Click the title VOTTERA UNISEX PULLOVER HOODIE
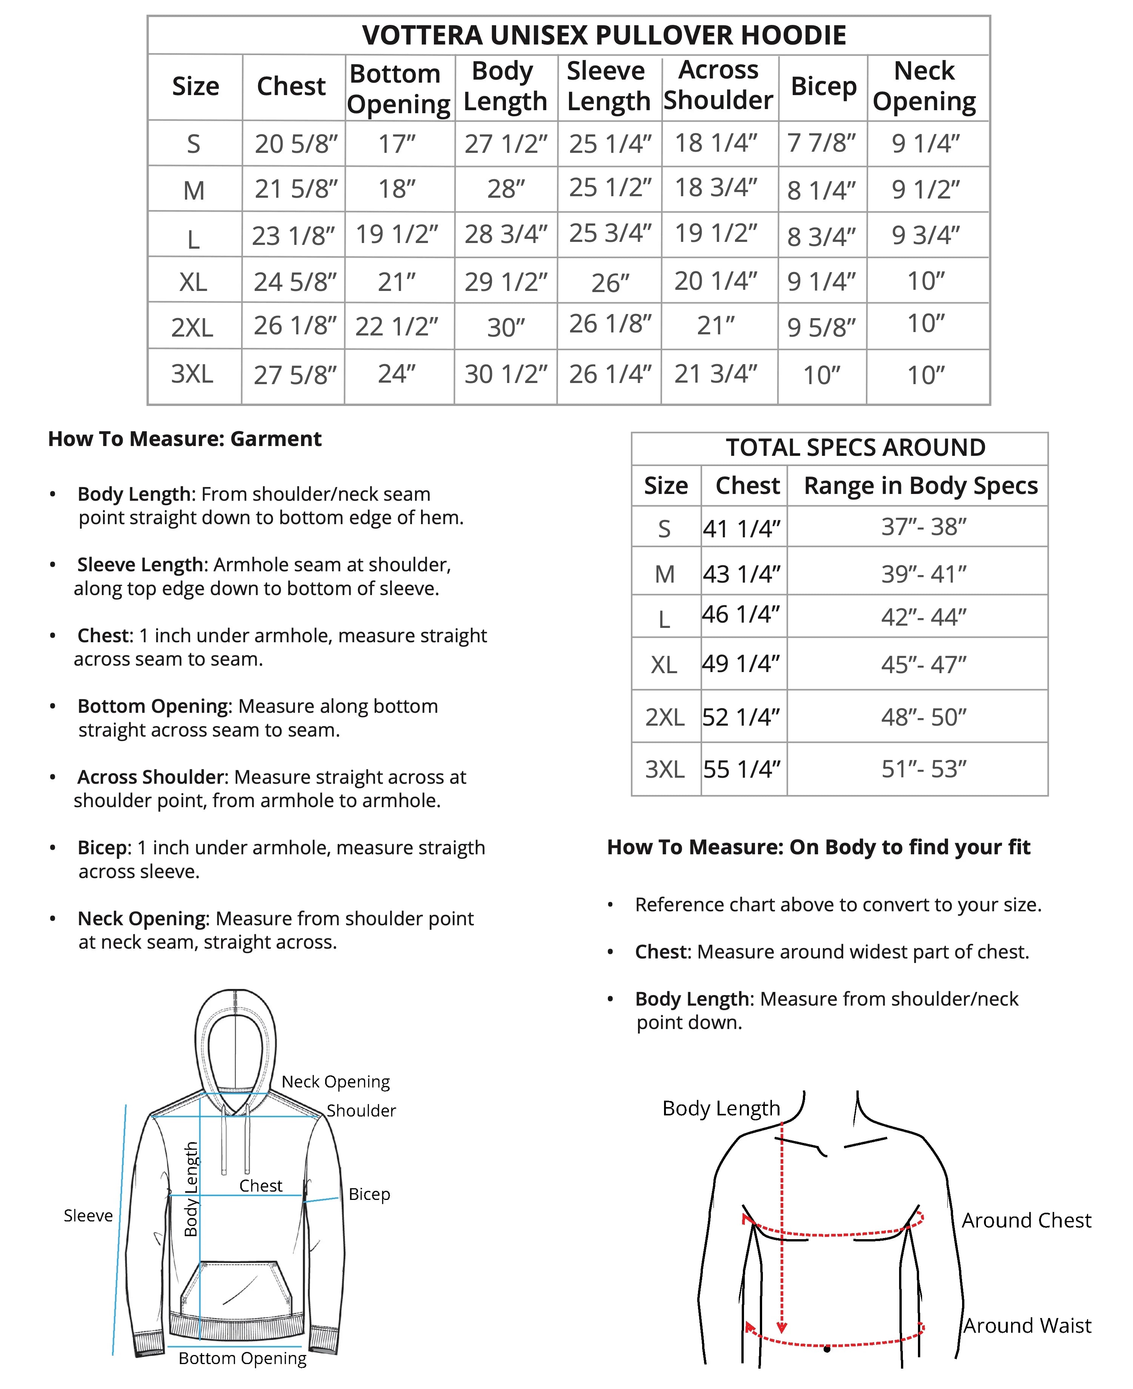(x=604, y=35)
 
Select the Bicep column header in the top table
(x=823, y=86)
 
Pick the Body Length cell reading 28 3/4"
(x=506, y=234)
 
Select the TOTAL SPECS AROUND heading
(x=855, y=448)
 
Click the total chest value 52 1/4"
(x=741, y=717)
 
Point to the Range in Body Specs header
(x=920, y=486)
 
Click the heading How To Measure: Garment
(x=185, y=438)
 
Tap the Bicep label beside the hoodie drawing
(x=369, y=1194)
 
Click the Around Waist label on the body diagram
(x=1027, y=1326)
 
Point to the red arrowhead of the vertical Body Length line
(x=781, y=1327)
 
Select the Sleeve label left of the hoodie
(x=88, y=1215)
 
